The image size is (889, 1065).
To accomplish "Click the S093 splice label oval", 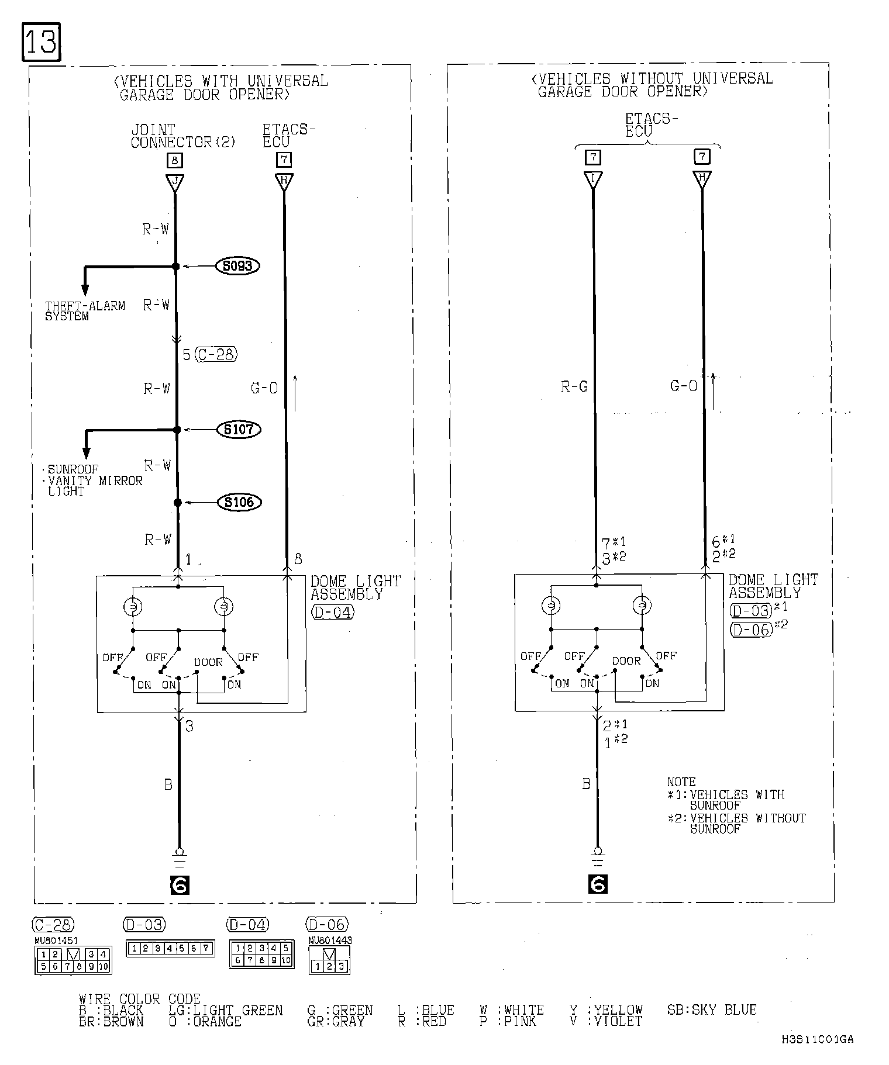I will tap(237, 266).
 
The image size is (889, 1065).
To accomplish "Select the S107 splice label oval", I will tap(238, 430).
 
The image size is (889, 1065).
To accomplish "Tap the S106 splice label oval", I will tap(239, 502).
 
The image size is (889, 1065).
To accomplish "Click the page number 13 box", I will tap(41, 42).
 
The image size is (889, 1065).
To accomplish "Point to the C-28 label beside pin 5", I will tap(216, 354).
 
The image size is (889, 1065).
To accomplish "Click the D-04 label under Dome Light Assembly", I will tap(332, 613).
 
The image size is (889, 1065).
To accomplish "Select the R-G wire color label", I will tap(574, 386).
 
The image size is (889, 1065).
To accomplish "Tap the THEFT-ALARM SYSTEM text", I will tap(85, 311).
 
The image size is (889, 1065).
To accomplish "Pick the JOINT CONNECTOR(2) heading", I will tap(182, 136).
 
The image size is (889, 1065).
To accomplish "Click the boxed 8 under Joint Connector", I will tap(174, 160).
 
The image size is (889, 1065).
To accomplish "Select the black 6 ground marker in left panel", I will tap(179, 886).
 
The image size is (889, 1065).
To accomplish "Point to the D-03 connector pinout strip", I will tap(170, 949).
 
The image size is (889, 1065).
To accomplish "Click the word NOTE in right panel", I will tap(681, 782).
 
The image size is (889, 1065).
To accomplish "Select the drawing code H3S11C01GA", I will tap(817, 1039).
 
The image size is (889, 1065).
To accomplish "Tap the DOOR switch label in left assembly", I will tap(208, 662).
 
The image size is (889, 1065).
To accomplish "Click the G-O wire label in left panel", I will tap(264, 388).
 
